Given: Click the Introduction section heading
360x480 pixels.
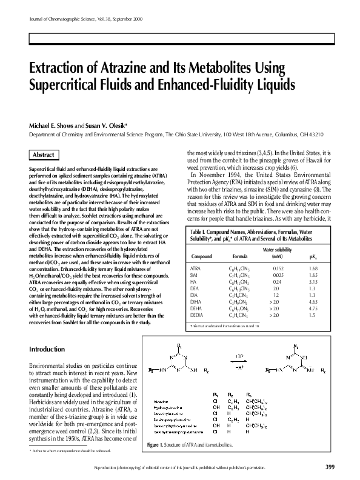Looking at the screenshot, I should click(x=47, y=350).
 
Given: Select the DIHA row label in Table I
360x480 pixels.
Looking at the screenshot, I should click(x=196, y=302).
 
